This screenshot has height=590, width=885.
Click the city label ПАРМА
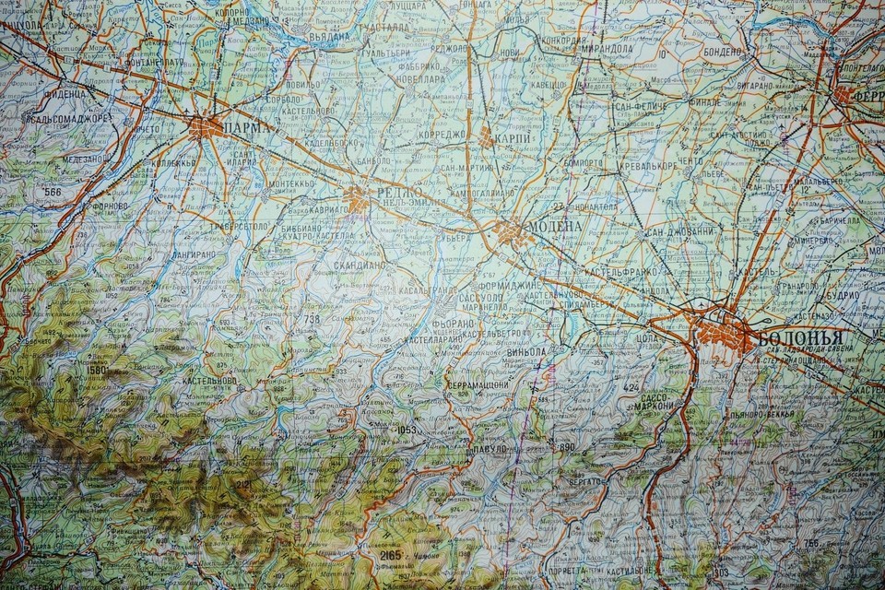(247, 128)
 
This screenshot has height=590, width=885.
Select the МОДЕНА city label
(554, 227)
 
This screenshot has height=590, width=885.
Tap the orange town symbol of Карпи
(486, 138)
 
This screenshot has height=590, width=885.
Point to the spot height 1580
(99, 371)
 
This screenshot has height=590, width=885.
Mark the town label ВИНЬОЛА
(526, 351)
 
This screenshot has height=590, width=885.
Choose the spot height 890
(565, 447)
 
